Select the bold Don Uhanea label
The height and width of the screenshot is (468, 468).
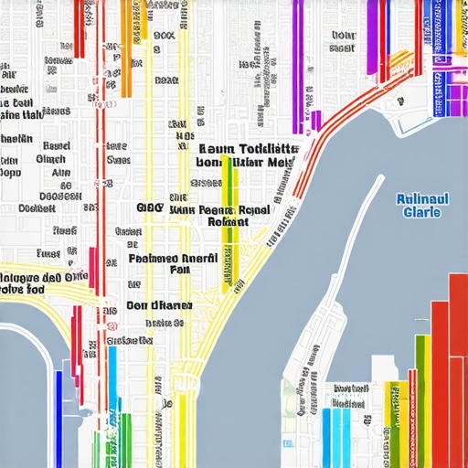tap(159, 305)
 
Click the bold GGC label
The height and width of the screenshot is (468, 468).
tap(148, 207)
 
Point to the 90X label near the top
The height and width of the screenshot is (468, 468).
tap(164, 37)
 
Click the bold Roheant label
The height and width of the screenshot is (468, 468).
tap(228, 221)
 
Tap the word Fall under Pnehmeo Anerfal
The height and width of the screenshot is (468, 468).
tap(180, 271)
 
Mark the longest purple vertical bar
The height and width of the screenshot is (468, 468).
tap(298, 64)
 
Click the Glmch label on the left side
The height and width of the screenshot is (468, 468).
tap(49, 158)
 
